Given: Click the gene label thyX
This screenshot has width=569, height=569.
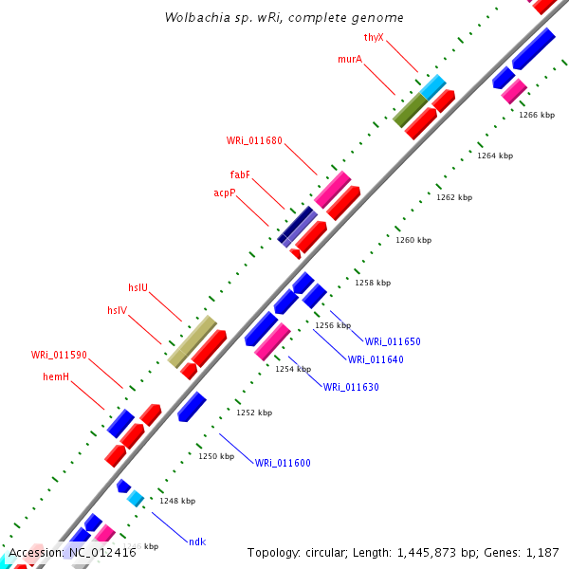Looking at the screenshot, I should point(374,38).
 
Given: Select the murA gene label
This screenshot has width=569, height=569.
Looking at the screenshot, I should point(350,59).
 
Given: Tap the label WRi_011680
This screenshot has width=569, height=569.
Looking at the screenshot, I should point(254,140).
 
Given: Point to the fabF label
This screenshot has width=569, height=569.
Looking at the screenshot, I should point(240,174).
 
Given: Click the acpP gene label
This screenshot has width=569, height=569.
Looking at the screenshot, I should point(225,193).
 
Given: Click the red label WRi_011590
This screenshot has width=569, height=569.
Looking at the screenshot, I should point(59,355).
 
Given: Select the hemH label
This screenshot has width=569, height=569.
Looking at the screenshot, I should point(56,376).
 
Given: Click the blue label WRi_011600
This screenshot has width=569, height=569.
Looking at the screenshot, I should point(283,463).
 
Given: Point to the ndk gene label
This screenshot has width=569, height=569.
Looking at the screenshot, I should point(197,541).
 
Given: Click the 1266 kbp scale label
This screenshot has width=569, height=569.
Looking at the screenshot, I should point(537,115).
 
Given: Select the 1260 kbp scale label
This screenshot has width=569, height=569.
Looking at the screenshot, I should point(413,240).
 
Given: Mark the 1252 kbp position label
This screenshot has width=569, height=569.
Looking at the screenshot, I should point(254,413).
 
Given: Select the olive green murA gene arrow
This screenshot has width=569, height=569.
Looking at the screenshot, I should point(411,110).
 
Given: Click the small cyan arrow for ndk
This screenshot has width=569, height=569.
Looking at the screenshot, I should point(136,498).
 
